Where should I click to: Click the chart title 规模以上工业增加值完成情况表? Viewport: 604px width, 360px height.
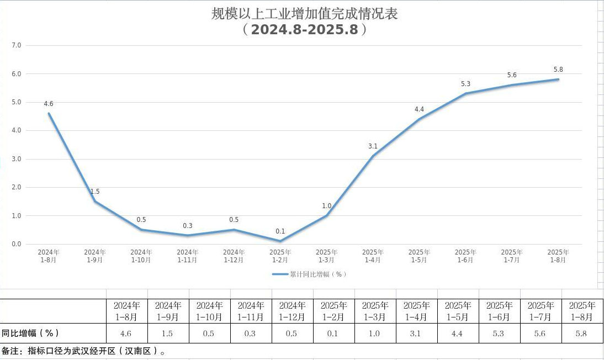(x=304, y=14)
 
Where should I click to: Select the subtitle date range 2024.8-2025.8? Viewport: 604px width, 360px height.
(x=304, y=30)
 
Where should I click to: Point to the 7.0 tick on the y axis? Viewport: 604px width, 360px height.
(x=16, y=45)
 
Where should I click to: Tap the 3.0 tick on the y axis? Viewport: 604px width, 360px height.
(x=16, y=159)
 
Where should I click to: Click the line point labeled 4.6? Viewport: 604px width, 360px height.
(x=49, y=114)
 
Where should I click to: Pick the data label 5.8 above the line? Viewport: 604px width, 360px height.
(x=558, y=70)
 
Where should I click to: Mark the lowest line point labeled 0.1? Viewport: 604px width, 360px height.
(x=280, y=241)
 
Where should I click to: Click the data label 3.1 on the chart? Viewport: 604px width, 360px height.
(x=373, y=146)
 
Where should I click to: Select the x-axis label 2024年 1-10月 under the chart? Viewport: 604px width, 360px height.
(x=141, y=256)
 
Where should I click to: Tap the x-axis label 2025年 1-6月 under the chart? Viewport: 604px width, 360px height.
(x=465, y=256)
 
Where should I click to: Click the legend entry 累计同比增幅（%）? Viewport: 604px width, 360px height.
(x=310, y=274)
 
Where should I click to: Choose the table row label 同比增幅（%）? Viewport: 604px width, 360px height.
(x=30, y=333)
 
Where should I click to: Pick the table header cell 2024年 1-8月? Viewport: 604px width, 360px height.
(x=126, y=311)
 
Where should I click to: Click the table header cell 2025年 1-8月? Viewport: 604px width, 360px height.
(x=582, y=311)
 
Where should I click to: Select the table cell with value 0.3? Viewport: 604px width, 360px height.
(x=251, y=333)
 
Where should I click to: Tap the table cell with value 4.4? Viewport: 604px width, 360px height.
(x=458, y=333)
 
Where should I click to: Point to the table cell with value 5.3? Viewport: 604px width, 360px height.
(x=499, y=333)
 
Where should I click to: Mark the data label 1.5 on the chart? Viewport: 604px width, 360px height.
(x=95, y=192)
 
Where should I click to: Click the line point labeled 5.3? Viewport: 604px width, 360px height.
(x=465, y=93)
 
